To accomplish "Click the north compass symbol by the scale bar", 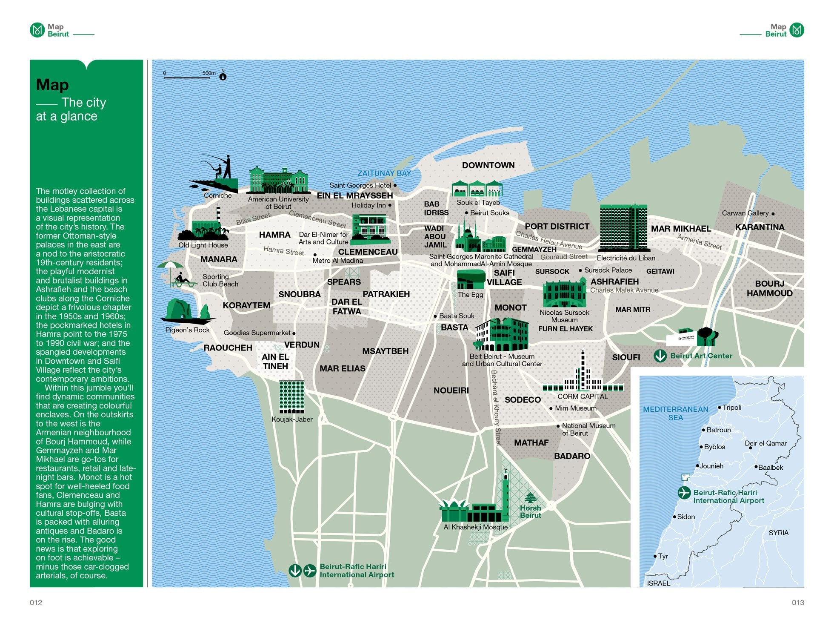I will pos(223,77).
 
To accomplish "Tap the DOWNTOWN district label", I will pos(488,165).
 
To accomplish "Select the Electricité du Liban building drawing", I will pos(623,228).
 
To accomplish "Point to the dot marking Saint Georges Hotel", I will pos(395,185).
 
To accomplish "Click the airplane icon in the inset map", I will pos(684,493).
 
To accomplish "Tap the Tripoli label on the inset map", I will pos(732,408).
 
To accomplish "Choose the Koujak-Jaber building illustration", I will pos(291,397).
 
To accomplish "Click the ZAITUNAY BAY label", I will pos(384,173).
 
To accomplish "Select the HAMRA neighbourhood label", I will pos(274,235).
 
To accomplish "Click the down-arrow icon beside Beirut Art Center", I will pos(660,356).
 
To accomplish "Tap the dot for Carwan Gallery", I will pos(773,213).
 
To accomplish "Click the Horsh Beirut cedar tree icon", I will pos(530,497).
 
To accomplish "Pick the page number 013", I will pos(797,602).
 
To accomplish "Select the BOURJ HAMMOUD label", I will pos(769,288).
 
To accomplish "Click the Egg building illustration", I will pos(471,279).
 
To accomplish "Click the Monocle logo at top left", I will pos(37,30).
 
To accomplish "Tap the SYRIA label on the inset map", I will pos(778,533).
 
